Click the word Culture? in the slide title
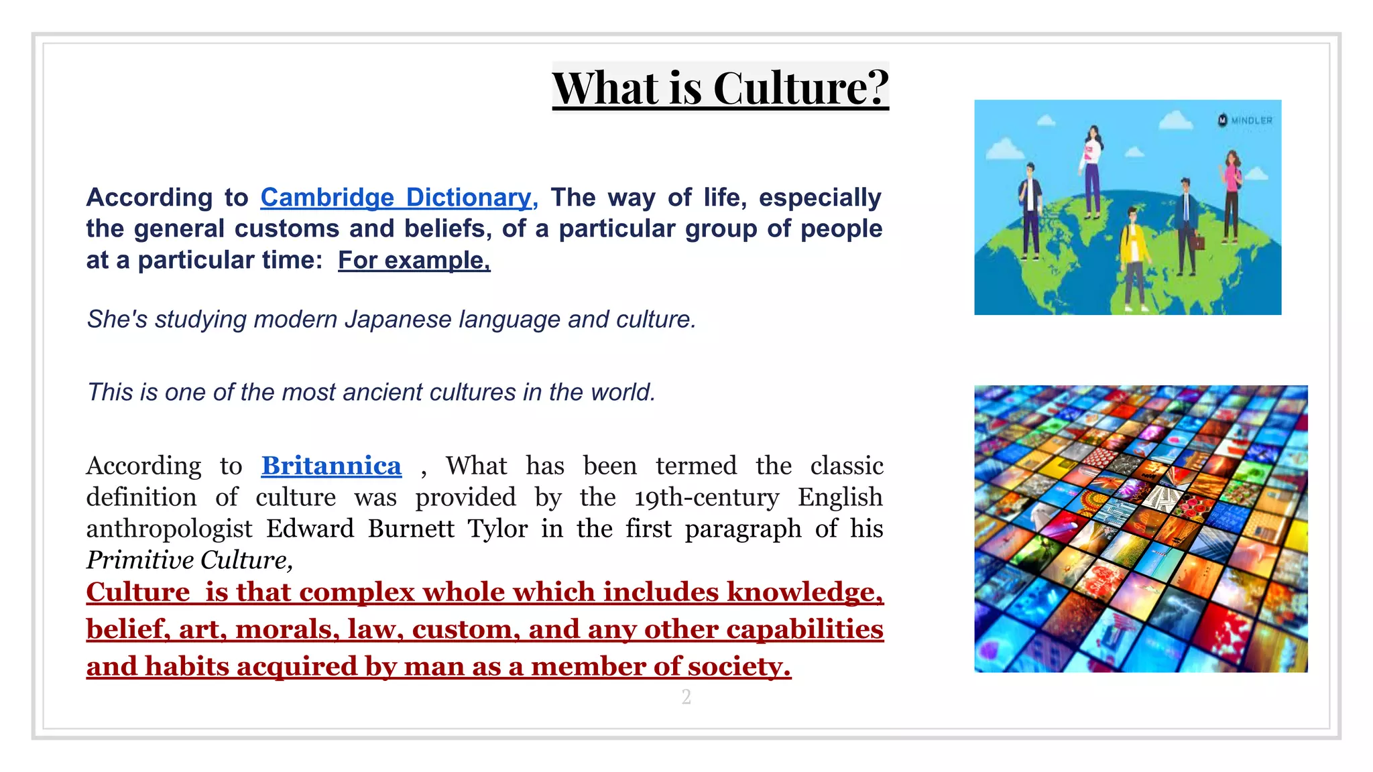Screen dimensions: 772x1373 point(800,88)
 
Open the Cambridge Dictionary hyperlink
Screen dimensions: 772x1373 point(396,197)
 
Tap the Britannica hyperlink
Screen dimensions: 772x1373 point(331,466)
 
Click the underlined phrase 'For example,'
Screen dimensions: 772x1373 point(414,260)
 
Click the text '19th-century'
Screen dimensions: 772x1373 point(707,497)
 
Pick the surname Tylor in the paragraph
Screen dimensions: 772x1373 point(497,529)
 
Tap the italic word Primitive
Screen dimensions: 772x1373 point(139,560)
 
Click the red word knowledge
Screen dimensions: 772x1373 point(804,592)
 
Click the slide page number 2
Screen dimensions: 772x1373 point(686,697)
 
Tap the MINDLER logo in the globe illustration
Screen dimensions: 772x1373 point(1245,121)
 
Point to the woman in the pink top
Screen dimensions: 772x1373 point(1232,194)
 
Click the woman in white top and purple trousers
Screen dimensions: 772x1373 point(1093,171)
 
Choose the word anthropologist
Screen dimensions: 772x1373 point(169,529)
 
